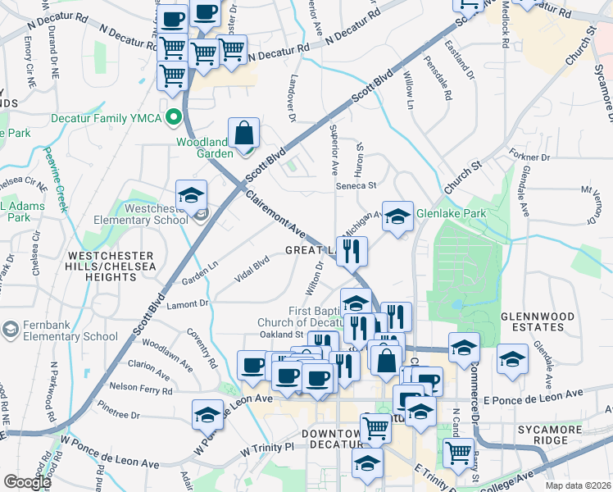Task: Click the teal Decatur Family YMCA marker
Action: pos(173,117)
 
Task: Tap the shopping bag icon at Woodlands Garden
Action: pos(244,134)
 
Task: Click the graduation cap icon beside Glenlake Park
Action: pos(397,217)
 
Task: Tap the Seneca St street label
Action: pos(356,186)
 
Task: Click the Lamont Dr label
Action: pos(188,303)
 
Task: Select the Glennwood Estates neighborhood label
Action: pos(534,321)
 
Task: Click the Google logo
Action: pos(26,482)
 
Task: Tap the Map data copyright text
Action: pos(579,485)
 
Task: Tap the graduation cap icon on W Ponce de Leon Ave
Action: pos(208,415)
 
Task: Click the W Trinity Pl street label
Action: pos(266,451)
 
